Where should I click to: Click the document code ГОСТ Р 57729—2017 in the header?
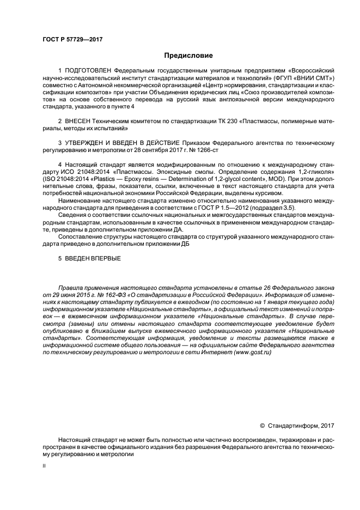click(x=72, y=39)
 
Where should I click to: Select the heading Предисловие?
click(x=189, y=56)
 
